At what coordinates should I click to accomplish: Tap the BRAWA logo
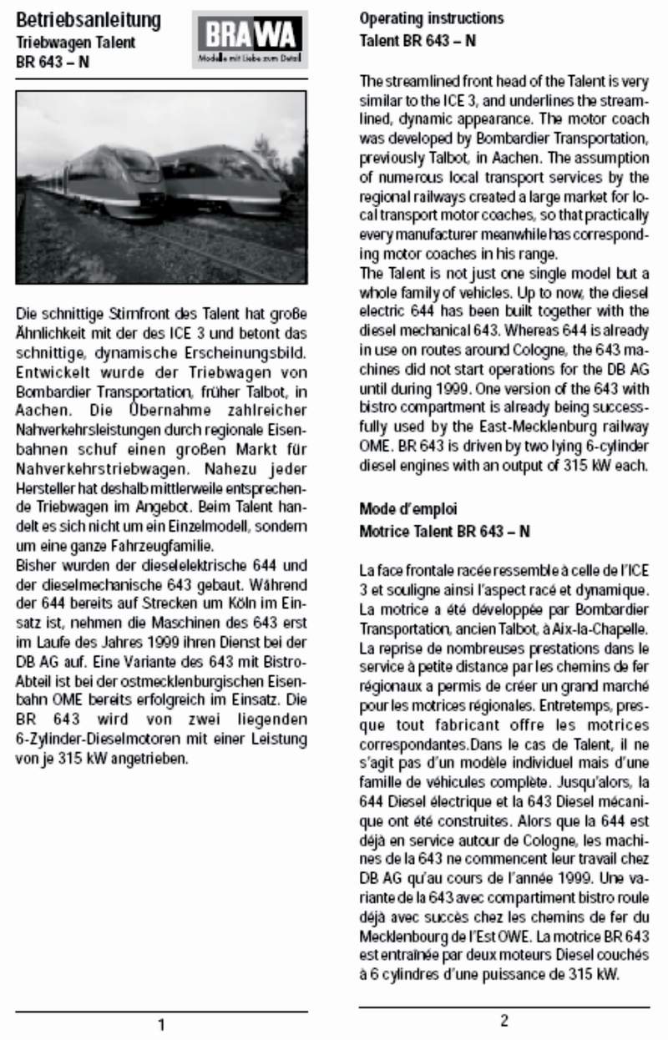[x=250, y=39]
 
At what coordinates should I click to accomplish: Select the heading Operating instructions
[x=432, y=18]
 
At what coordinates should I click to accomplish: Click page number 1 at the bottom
[x=161, y=1024]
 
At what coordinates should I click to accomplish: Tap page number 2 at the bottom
[x=504, y=1020]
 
